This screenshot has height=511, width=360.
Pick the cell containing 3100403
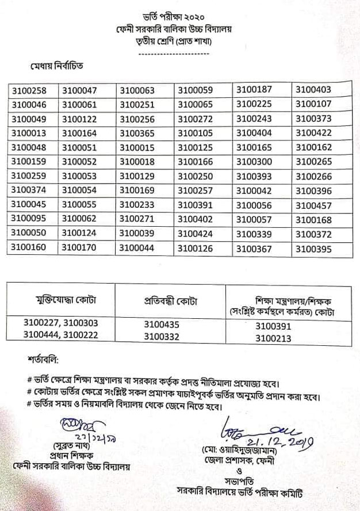[x=313, y=90]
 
